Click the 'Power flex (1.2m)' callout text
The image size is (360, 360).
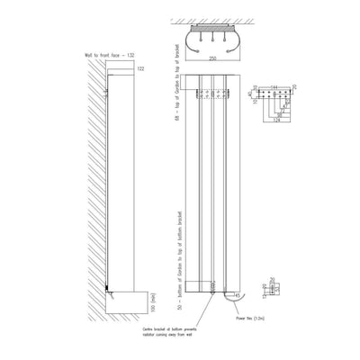coord(248,319)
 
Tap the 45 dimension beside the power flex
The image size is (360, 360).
coord(237,294)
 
